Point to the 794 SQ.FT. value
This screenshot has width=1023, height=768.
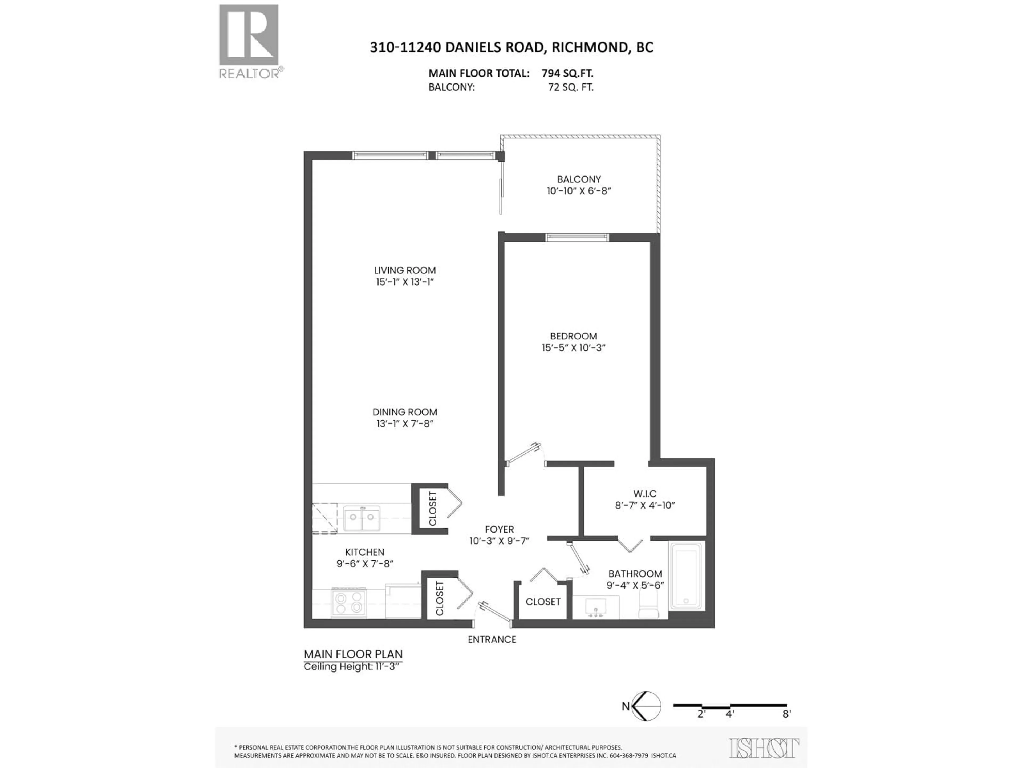click(x=567, y=73)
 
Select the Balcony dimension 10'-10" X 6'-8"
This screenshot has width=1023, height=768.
click(x=579, y=191)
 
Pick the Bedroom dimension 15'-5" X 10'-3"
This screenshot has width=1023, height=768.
click(x=574, y=348)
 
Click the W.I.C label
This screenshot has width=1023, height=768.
click(x=645, y=494)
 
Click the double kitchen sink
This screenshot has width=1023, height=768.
click(x=362, y=518)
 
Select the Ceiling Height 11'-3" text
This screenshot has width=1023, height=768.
click(x=351, y=667)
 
